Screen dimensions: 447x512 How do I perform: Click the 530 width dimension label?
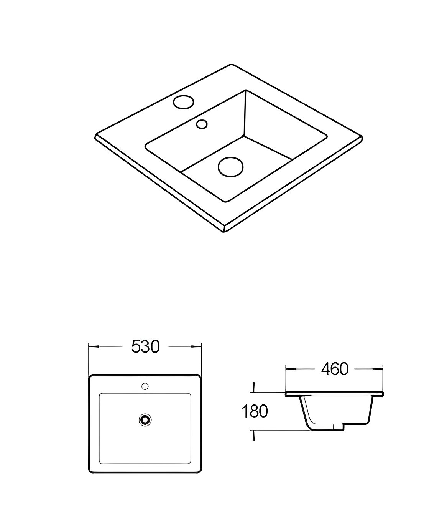[x=145, y=346]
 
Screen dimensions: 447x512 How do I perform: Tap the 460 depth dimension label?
[x=335, y=369]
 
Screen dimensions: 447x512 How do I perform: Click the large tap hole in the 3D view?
[x=184, y=102]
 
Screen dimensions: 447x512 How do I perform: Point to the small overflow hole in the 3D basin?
[x=202, y=124]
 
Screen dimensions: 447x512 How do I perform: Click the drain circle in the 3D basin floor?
[x=230, y=167]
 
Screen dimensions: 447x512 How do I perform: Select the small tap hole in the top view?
[x=145, y=386]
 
